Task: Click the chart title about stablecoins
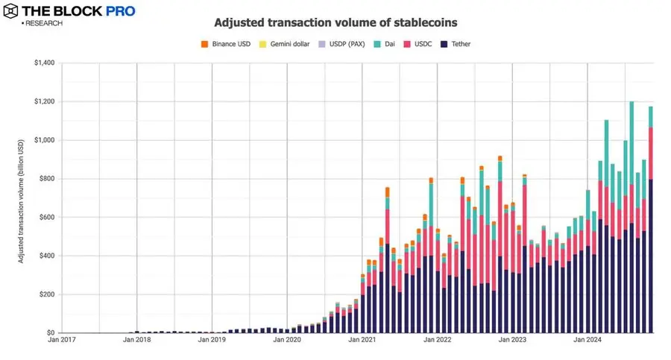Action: pos(336,23)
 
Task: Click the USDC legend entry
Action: pos(421,45)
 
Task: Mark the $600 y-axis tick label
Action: pos(47,217)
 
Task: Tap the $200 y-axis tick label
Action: pos(47,294)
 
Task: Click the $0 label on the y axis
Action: pos(50,333)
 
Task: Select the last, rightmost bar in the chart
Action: pos(651,224)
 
